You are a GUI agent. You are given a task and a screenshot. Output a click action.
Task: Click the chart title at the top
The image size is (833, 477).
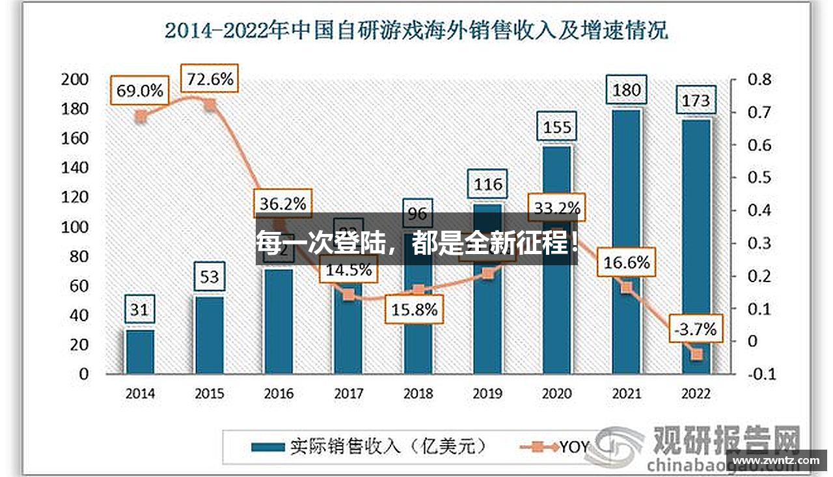(x=416, y=31)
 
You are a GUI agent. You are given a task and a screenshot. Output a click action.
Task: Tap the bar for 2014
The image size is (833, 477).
(x=140, y=352)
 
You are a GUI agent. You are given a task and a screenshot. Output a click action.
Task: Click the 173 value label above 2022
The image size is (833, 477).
(x=696, y=101)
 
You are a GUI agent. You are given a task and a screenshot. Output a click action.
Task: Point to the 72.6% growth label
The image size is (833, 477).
(x=210, y=79)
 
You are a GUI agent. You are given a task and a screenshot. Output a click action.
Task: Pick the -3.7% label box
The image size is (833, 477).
(x=696, y=329)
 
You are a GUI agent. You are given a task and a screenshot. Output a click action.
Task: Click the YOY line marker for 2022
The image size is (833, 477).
(x=696, y=354)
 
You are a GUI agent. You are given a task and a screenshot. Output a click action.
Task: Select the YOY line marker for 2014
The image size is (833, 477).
(x=140, y=117)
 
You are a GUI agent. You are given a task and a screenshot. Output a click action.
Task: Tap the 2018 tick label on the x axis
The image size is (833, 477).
(x=418, y=394)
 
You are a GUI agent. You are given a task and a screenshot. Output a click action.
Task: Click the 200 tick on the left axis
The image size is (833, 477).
(x=74, y=79)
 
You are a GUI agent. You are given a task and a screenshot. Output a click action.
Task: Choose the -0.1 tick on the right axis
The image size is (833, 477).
(x=761, y=374)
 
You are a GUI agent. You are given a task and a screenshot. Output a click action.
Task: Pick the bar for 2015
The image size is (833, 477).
(x=210, y=335)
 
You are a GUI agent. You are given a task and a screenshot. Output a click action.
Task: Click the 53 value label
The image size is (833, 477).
(x=210, y=278)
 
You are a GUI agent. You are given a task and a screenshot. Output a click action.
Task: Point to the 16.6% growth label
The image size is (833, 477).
(x=626, y=263)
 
